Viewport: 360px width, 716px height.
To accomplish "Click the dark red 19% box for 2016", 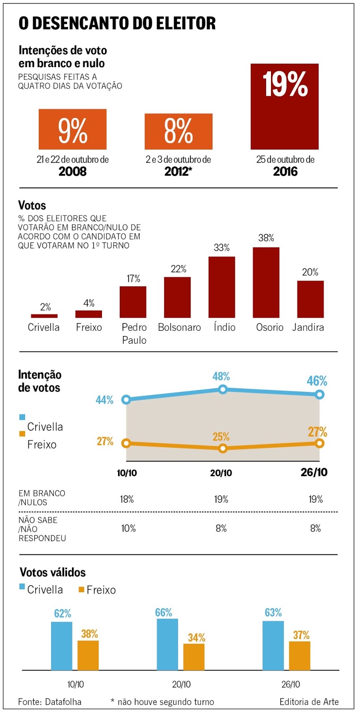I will (x=284, y=107).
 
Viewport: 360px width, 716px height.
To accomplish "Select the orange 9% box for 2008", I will (x=72, y=129).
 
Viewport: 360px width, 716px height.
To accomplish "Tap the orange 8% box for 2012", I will (x=178, y=131).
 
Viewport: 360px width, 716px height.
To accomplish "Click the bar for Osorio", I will (x=266, y=282).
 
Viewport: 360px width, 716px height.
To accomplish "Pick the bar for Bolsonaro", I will (x=178, y=297).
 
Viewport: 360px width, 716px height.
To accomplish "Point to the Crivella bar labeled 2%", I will (x=44, y=316).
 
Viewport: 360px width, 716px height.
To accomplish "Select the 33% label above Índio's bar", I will (x=222, y=248).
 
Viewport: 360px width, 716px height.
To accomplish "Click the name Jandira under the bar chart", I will (x=308, y=328).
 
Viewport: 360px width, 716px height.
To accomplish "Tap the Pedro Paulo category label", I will (x=134, y=334).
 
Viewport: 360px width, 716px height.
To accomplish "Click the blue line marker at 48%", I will (x=223, y=389).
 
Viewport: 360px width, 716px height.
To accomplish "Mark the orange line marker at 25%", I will (x=223, y=448).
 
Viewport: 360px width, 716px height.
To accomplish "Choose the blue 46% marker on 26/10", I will (x=319, y=394).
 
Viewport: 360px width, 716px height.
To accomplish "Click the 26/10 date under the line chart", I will (x=314, y=473).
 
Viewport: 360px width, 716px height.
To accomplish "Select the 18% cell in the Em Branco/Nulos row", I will (x=127, y=499).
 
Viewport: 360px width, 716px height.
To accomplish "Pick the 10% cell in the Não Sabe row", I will (x=128, y=528).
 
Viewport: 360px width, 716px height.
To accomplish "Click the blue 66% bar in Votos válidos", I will (x=167, y=644).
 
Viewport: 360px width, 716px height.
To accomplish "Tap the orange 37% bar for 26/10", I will (x=300, y=656).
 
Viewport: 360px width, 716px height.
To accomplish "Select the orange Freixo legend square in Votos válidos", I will (x=81, y=590).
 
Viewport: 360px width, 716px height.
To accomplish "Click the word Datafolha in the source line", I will (x=63, y=702).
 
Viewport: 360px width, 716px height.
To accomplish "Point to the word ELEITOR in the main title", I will (x=185, y=23).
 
